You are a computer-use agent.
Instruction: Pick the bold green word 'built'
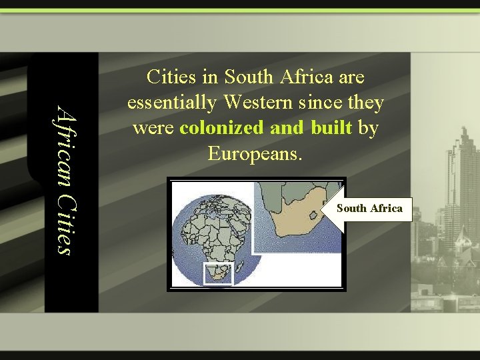pos(331,128)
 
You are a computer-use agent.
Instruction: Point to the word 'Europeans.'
pos(255,153)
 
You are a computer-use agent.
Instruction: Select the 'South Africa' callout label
pos(369,208)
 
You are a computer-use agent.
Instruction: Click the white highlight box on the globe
pos(217,274)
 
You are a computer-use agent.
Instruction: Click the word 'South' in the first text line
pos(249,77)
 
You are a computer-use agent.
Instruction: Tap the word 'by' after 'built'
pos(368,128)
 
